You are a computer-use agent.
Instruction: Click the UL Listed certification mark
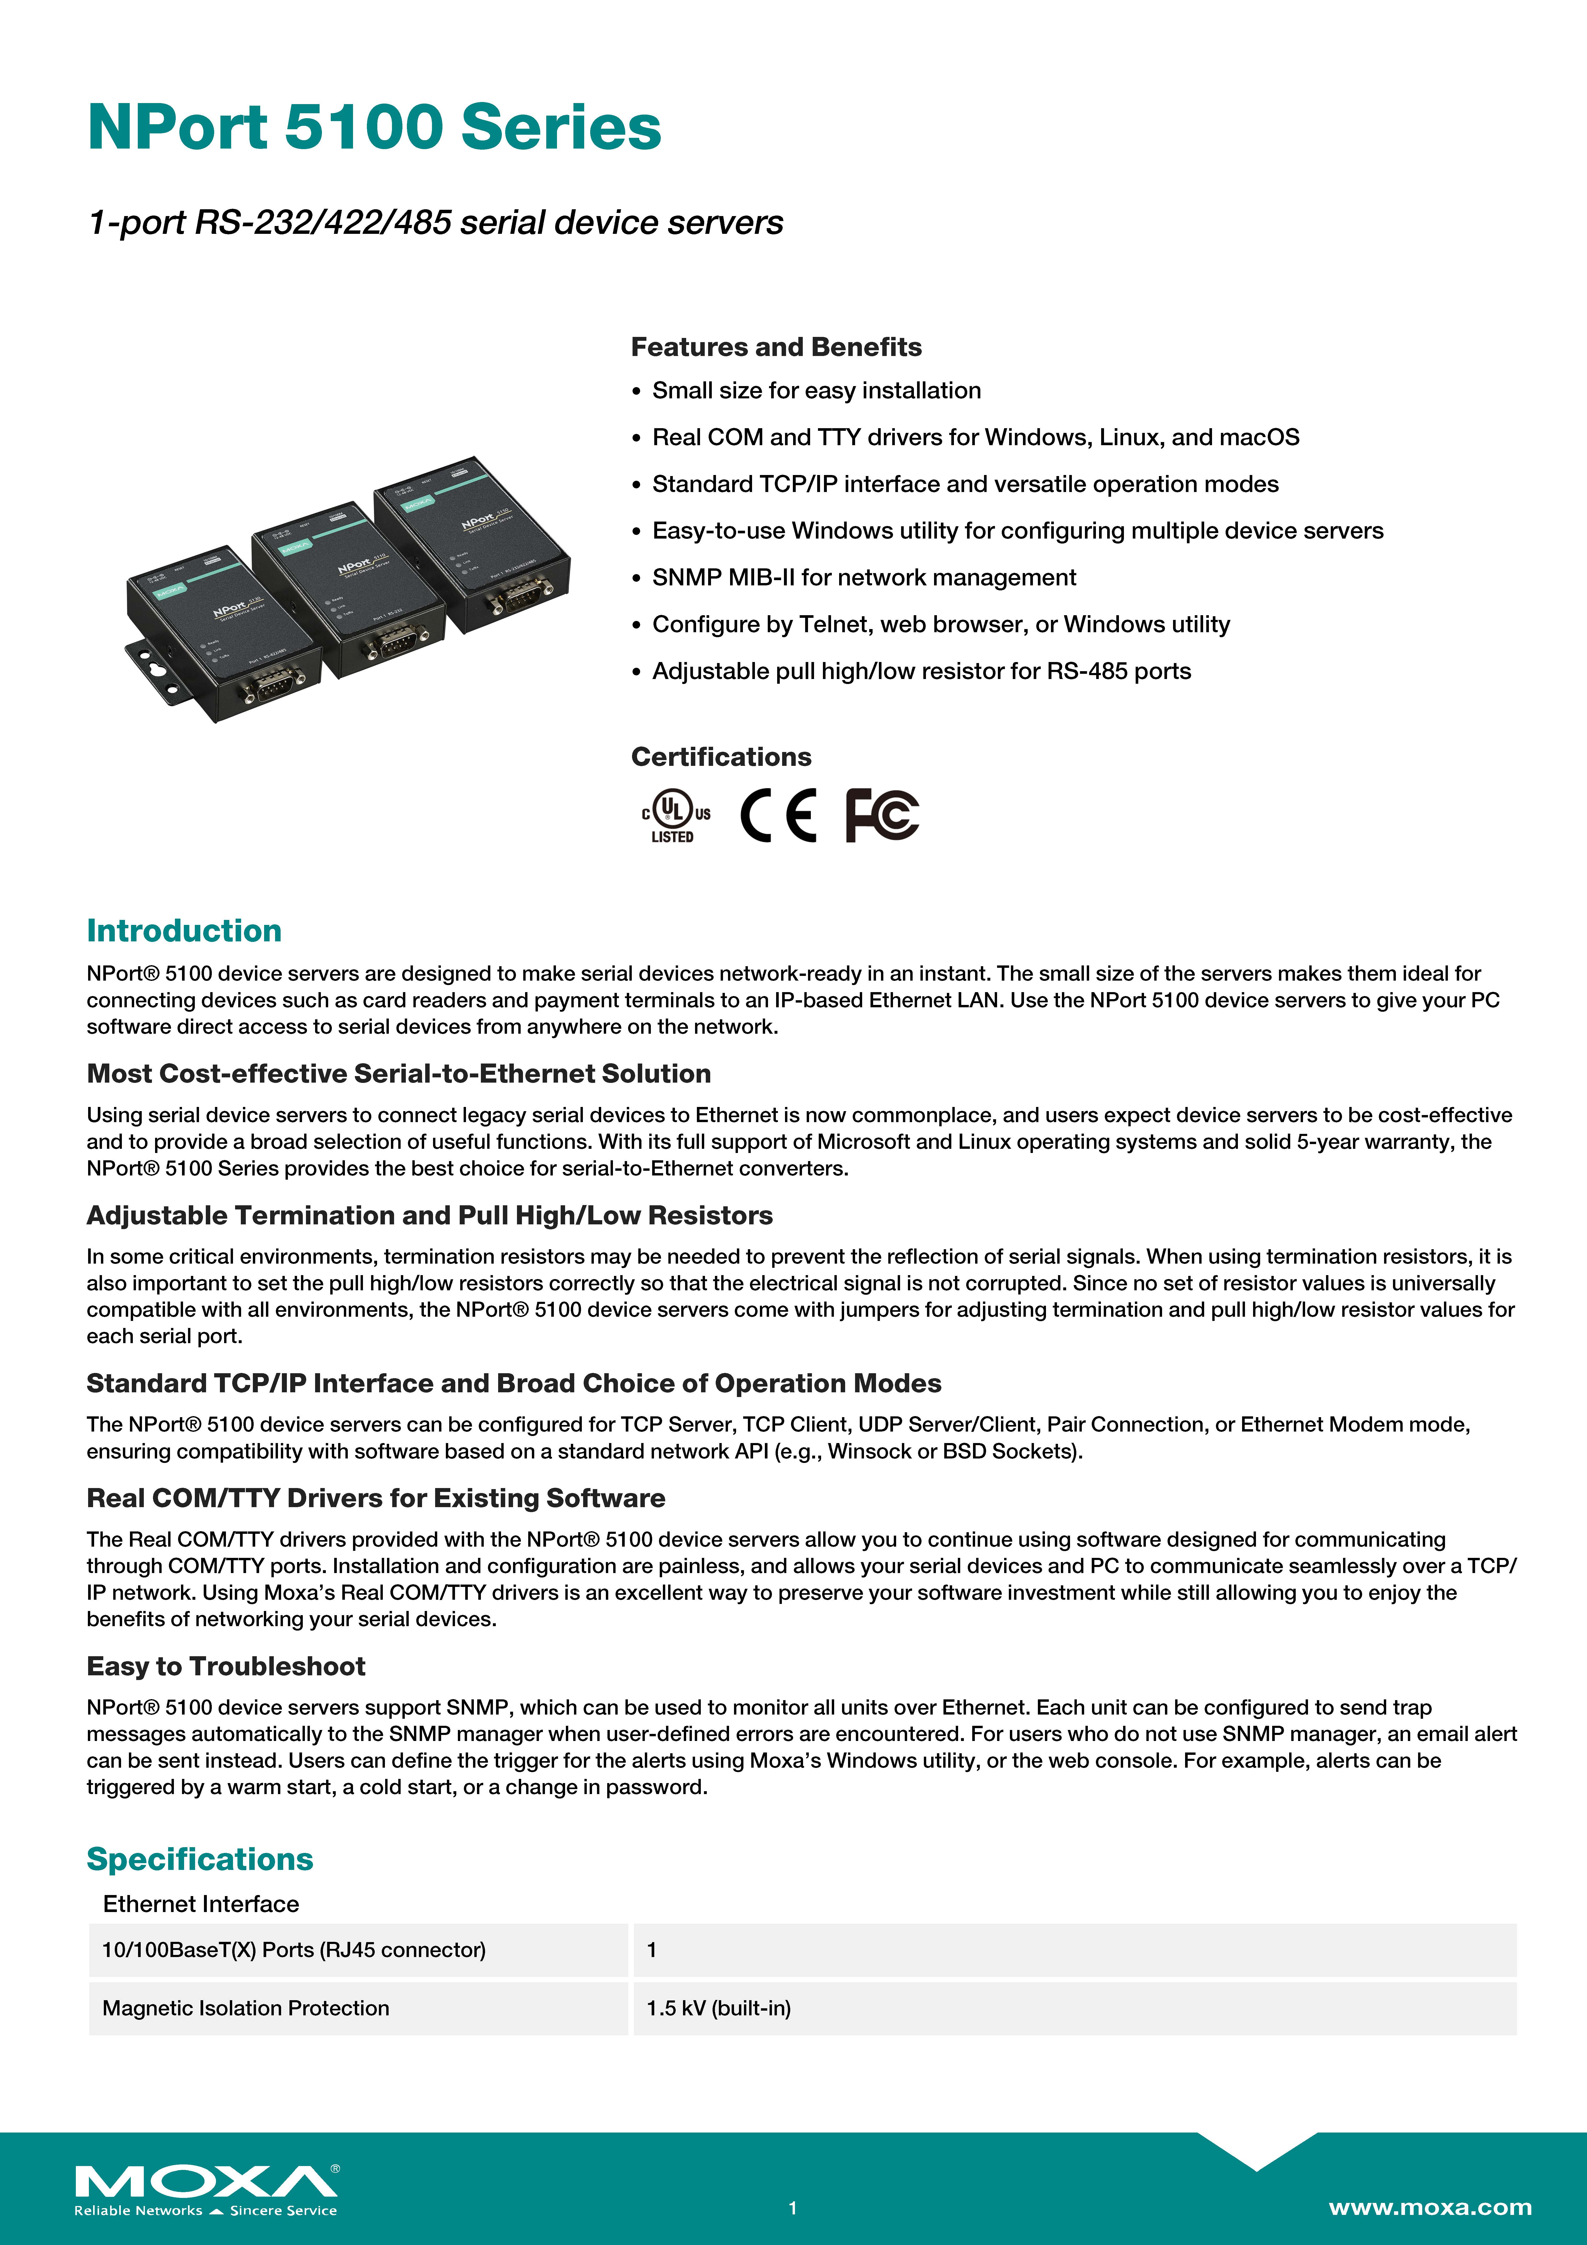(x=675, y=816)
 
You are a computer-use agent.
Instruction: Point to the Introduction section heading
(x=184, y=931)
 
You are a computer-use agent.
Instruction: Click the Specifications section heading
(x=200, y=1859)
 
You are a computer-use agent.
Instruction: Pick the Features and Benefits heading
(x=775, y=347)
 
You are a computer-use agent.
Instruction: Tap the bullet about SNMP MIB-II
(x=863, y=578)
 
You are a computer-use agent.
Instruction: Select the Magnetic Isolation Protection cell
(x=246, y=2008)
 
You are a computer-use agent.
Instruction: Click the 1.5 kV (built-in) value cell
(x=719, y=2008)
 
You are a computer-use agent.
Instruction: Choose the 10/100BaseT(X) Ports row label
(x=293, y=1950)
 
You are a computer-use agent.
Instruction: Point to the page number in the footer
(x=793, y=2208)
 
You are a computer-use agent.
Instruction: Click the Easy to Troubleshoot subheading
(x=226, y=1666)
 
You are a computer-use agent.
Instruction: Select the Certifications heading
(x=721, y=757)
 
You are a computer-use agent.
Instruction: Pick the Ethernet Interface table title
(x=201, y=1904)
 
